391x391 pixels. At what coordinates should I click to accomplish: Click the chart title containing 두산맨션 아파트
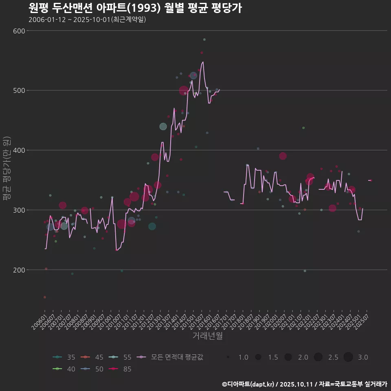point(135,8)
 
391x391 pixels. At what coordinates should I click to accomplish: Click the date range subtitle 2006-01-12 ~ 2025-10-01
point(87,20)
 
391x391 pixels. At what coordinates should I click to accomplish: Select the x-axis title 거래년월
point(207,336)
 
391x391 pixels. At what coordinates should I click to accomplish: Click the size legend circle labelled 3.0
point(348,357)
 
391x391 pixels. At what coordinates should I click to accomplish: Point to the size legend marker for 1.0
point(228,357)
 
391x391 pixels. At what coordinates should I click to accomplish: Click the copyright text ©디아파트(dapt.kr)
point(248,384)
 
